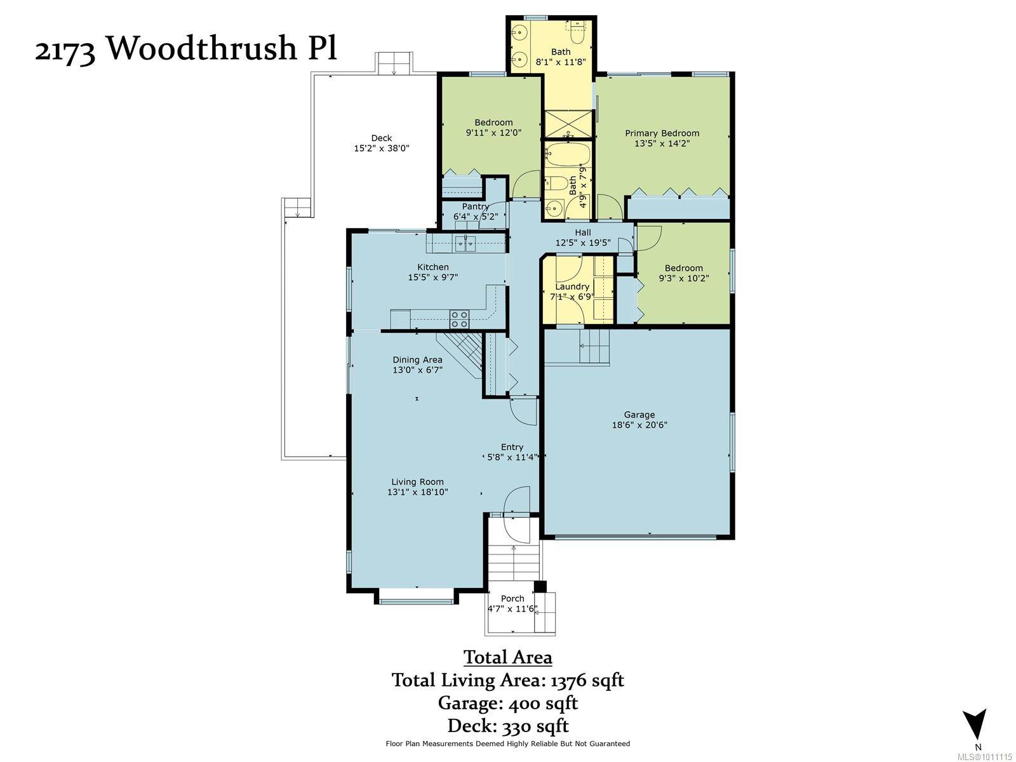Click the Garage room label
pyautogui.click(x=639, y=415)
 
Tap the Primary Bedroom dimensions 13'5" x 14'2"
pyautogui.click(x=662, y=144)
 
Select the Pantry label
pyautogui.click(x=475, y=206)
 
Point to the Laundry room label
pyautogui.click(x=572, y=286)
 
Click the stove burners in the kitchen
pyautogui.click(x=459, y=319)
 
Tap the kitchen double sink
pyautogui.click(x=465, y=243)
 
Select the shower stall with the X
pyautogui.click(x=568, y=124)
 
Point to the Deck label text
pyautogui.click(x=382, y=138)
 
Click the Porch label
pyautogui.click(x=512, y=598)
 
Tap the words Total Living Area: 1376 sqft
pyautogui.click(x=507, y=680)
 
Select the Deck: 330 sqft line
pyautogui.click(x=507, y=726)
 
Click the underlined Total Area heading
pyautogui.click(x=507, y=657)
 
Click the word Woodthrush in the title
pyautogui.click(x=201, y=48)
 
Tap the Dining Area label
pyautogui.click(x=417, y=359)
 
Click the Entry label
pyautogui.click(x=512, y=447)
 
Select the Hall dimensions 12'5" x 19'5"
pyautogui.click(x=583, y=243)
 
